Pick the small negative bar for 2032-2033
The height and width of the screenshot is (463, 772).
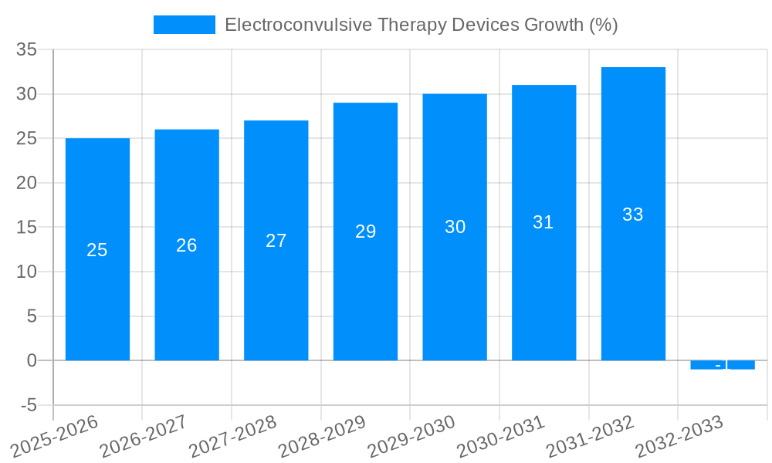(x=723, y=365)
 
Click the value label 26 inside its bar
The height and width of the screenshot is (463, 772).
(x=187, y=245)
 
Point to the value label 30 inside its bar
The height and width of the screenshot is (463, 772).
(x=455, y=227)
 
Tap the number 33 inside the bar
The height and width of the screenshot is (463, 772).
(x=633, y=215)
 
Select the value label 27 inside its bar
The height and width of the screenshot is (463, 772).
(x=276, y=241)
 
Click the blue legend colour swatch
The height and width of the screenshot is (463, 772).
(x=184, y=25)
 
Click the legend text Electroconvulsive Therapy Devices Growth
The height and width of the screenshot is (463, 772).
(x=421, y=25)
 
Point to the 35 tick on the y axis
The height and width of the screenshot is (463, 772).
(x=27, y=49)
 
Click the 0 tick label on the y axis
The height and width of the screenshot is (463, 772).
(x=32, y=360)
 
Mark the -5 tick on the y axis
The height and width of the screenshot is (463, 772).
(x=29, y=405)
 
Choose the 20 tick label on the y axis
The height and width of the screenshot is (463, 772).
(x=27, y=183)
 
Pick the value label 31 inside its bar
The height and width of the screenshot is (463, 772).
(x=543, y=222)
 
